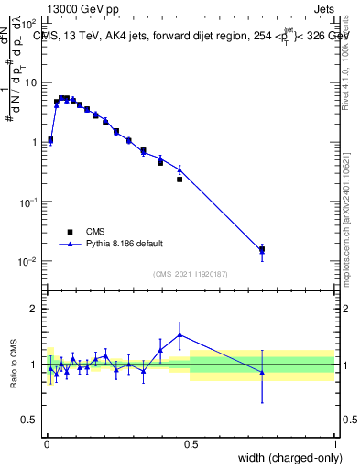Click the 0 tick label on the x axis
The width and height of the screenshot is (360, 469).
[46, 444]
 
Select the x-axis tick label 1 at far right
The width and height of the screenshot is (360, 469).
[334, 444]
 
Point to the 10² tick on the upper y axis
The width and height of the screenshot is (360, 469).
[29, 22]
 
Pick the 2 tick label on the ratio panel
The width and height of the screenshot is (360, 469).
[34, 309]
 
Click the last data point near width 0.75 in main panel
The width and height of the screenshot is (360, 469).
[262, 249]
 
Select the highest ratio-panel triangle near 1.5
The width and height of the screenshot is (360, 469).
[180, 334]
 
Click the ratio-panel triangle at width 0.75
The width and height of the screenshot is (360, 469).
[262, 372]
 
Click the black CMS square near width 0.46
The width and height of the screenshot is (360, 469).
[180, 180]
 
